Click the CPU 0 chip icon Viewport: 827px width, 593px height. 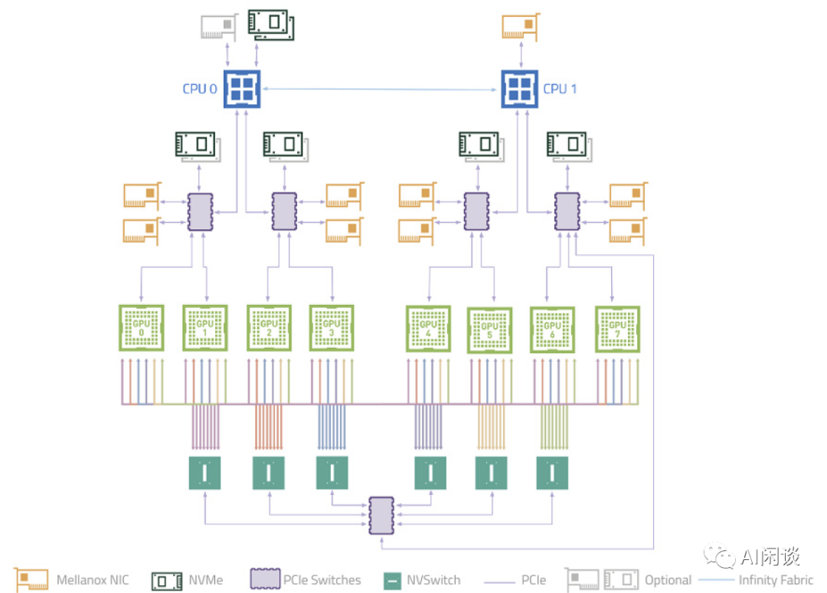242,89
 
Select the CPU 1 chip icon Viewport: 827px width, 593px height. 519,89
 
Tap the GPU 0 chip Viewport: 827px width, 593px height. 142,328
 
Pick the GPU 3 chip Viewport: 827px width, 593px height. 332,328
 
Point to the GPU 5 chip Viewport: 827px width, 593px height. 489,330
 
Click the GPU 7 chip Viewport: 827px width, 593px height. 617,329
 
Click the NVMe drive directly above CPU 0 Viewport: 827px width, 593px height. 271,25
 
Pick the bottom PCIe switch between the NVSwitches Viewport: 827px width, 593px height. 381,515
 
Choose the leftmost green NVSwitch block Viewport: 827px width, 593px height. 204,473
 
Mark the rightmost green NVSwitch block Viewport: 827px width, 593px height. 552,473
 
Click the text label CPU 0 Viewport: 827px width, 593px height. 200,89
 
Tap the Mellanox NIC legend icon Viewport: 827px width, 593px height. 31,580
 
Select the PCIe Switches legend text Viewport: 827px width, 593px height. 322,580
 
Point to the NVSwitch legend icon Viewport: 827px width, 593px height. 392,581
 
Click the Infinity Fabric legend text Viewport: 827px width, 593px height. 776,580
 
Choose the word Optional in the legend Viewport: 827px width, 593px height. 668,580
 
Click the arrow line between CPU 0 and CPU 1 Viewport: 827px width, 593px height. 381,89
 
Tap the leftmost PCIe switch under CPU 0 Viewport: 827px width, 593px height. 201,211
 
